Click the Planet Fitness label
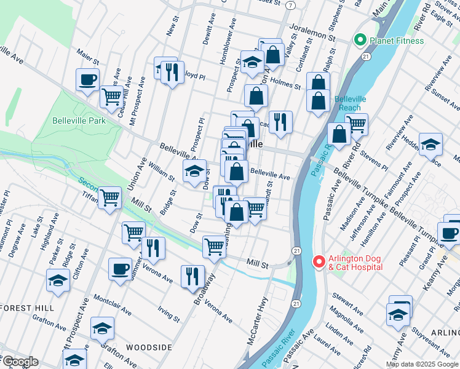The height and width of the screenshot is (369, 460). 397,41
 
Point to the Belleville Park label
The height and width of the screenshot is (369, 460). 79,121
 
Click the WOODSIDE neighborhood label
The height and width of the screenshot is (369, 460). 149,347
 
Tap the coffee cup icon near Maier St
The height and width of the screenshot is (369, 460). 87,79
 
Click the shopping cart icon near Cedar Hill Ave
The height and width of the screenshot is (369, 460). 111,97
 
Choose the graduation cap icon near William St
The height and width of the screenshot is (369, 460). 195,171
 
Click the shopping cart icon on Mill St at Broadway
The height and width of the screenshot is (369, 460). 214,247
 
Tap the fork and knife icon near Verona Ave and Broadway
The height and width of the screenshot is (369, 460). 192,277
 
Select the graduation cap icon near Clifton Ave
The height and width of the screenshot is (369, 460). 58,280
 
